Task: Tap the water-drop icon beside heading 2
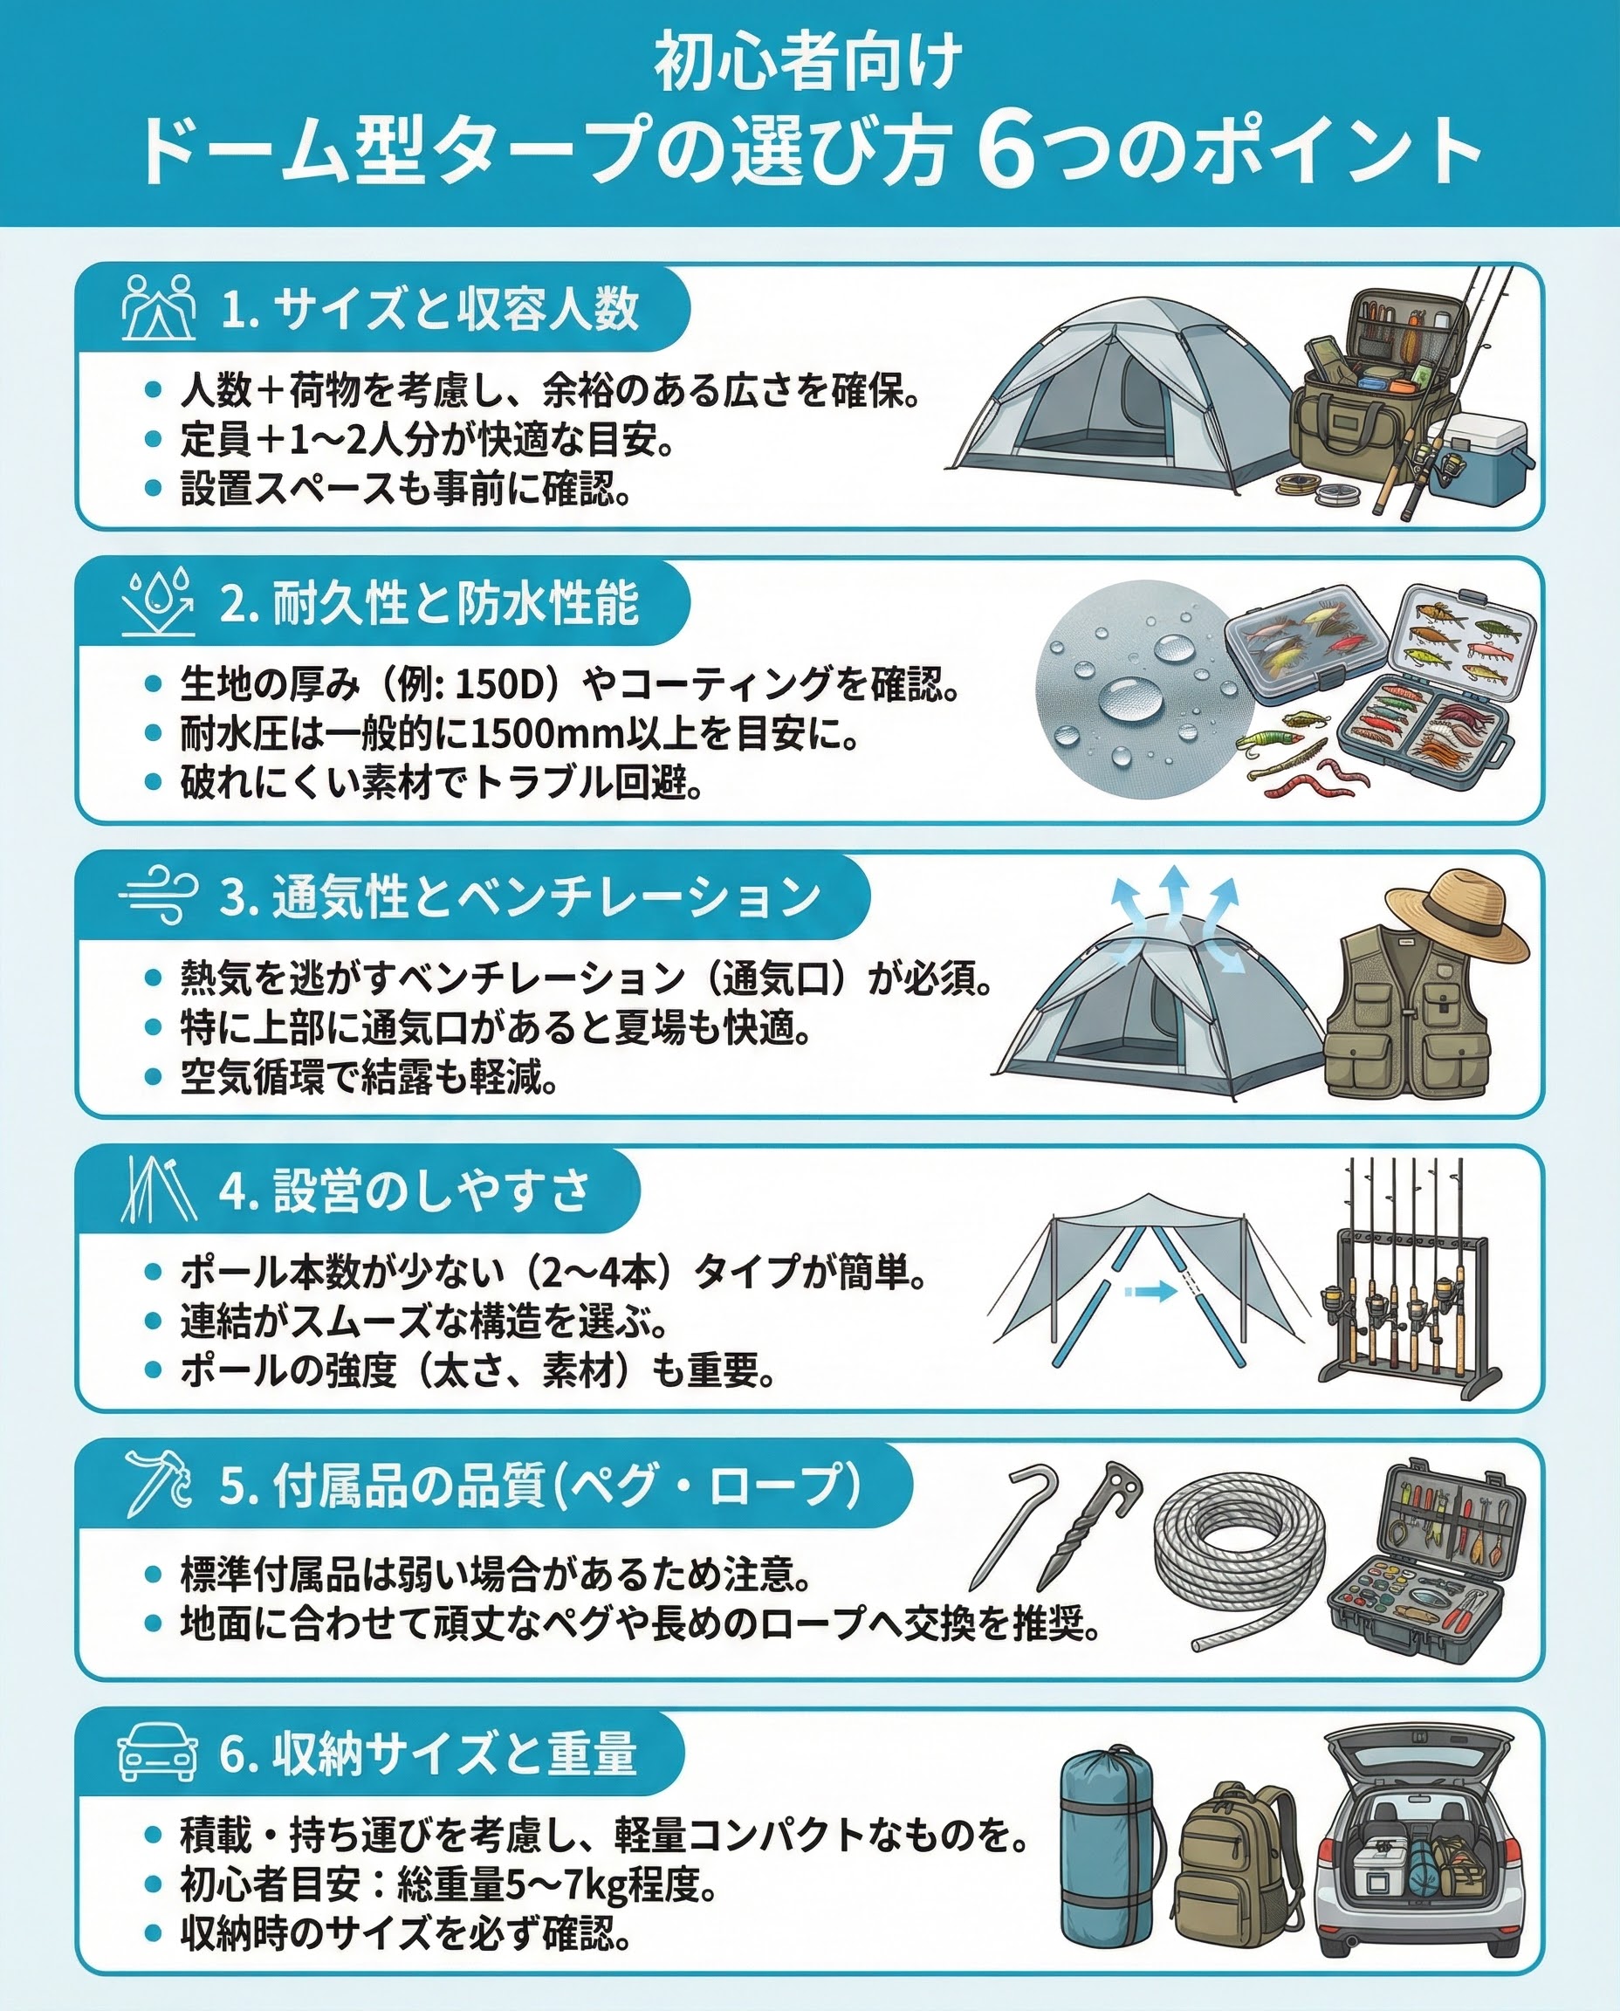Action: (x=159, y=602)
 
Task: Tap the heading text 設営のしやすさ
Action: (x=432, y=1190)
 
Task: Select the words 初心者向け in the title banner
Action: (x=808, y=62)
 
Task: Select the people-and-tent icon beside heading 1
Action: (x=159, y=307)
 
